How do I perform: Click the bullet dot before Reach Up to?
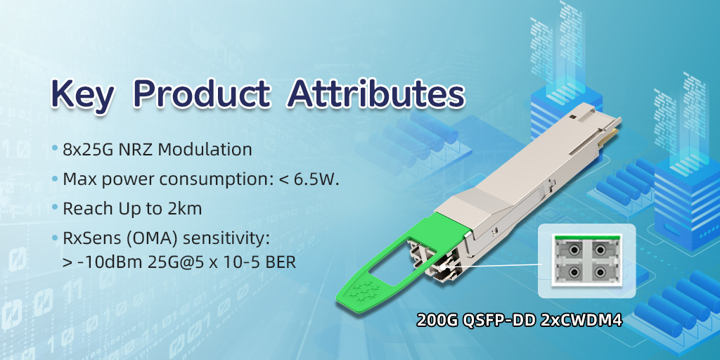(55, 208)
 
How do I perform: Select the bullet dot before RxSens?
(55, 238)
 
